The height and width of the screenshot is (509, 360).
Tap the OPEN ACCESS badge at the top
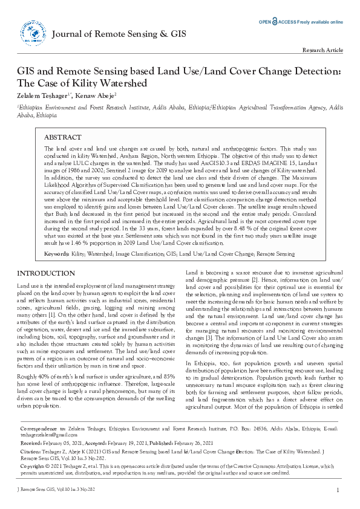(x=278, y=22)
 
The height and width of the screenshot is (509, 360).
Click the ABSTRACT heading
(x=63, y=138)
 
